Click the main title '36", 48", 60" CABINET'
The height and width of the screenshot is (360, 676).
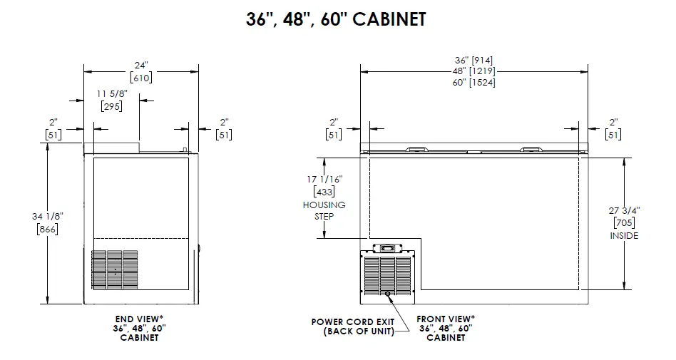(x=336, y=19)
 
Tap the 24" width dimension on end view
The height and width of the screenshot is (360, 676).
(x=141, y=66)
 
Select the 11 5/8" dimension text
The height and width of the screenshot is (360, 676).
(x=112, y=93)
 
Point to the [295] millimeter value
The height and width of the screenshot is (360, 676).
(x=112, y=106)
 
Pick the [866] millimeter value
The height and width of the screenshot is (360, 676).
(x=48, y=229)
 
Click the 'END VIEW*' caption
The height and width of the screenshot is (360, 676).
(x=139, y=319)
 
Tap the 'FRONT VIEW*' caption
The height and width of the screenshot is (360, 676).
(x=446, y=319)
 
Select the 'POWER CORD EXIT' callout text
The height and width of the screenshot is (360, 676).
(x=353, y=322)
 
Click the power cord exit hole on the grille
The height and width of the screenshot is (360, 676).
(x=388, y=294)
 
